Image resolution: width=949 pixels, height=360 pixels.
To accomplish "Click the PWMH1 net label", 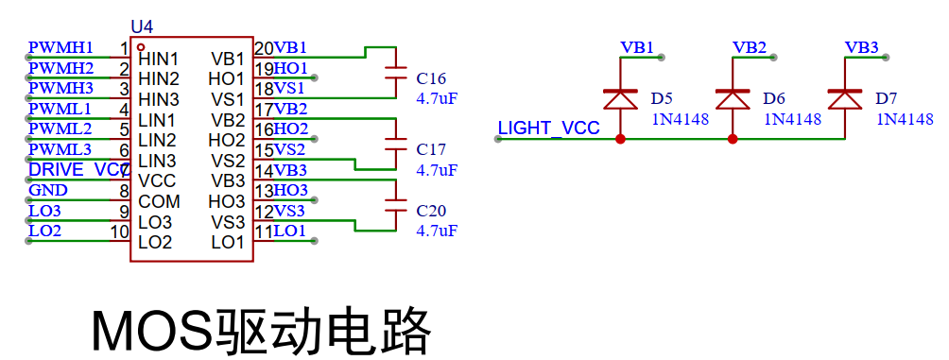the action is (61, 47).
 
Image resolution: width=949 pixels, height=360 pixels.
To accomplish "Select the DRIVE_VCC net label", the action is (77, 170).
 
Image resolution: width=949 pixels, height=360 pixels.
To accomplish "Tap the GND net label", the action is (48, 191).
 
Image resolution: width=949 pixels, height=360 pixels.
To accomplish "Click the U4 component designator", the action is (142, 27).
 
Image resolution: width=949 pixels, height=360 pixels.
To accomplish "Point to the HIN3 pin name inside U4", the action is (159, 99).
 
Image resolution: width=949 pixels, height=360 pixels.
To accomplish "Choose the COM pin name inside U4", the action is (159, 201).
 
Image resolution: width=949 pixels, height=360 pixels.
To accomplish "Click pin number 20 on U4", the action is (264, 47).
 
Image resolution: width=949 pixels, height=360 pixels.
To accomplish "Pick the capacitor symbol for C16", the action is (396, 73).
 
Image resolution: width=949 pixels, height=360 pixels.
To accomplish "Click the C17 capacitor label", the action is (431, 149).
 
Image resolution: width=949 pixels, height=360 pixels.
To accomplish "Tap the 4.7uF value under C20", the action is (437, 231).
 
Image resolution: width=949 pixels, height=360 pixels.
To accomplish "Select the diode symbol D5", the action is (620, 99).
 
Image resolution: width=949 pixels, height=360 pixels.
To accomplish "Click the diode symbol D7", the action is (845, 99).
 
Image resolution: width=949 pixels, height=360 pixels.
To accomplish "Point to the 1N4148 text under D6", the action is (793, 119).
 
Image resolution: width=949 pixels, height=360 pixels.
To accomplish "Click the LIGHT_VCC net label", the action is (549, 129).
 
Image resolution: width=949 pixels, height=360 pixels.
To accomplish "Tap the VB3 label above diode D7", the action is (861, 47).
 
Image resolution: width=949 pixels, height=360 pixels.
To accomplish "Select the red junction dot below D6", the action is (733, 139).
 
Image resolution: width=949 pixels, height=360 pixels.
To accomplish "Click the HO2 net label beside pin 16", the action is (291, 129).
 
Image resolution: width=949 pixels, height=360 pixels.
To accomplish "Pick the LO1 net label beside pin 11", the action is (290, 231).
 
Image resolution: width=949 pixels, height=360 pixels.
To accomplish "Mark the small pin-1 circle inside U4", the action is (141, 46).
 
